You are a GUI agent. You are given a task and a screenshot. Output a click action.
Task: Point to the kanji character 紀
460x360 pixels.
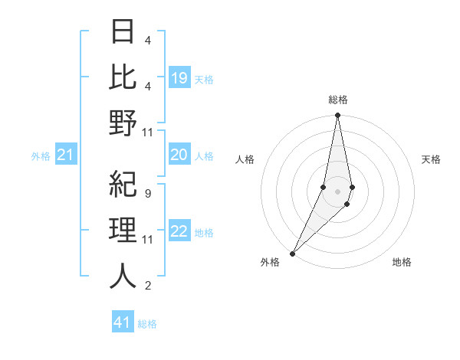[123, 185]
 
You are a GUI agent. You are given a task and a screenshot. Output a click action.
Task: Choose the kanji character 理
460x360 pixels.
[123, 231]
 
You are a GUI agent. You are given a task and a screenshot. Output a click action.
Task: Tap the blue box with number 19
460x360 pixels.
[179, 78]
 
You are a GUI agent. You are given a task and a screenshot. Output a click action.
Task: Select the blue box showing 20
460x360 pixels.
[179, 155]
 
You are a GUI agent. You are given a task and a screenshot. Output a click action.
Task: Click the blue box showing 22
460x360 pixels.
[179, 231]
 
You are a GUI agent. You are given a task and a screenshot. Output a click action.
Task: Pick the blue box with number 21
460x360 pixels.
[66, 155]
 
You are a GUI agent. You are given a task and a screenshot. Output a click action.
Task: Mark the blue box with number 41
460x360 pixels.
[123, 322]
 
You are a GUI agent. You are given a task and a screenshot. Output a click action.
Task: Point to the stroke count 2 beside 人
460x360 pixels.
[147, 286]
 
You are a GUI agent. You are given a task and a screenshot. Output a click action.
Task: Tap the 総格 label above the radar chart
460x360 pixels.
[338, 100]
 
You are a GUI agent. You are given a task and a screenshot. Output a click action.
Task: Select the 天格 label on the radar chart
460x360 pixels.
[432, 159]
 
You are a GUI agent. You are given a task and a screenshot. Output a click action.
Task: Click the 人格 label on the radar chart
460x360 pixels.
[245, 159]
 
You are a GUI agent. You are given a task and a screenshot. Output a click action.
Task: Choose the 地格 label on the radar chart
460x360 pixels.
[402, 262]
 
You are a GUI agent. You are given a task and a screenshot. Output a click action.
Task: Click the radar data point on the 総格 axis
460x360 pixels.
[338, 116]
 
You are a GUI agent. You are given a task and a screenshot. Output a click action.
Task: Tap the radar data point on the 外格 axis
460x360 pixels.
[293, 253]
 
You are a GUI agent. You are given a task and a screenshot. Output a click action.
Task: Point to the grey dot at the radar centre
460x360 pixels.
[338, 191]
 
